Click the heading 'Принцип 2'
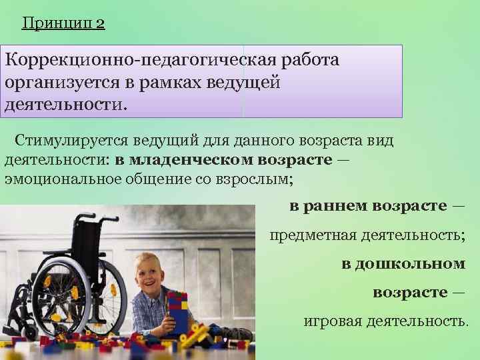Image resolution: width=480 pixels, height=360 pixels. click(63, 24)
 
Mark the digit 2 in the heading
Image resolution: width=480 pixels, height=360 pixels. click(100, 24)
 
